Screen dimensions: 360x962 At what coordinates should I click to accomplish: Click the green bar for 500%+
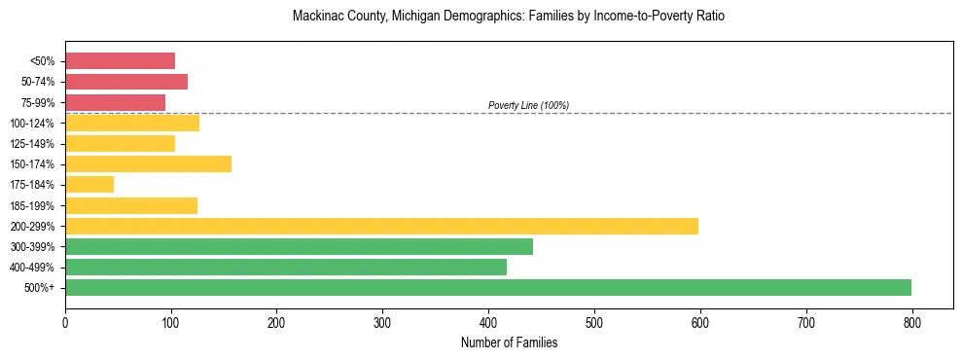[x=488, y=287]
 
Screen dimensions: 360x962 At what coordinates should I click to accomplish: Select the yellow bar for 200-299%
[x=381, y=226]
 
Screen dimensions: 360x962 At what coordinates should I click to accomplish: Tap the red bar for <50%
[x=120, y=61]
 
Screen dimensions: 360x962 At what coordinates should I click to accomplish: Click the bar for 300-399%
[x=299, y=246]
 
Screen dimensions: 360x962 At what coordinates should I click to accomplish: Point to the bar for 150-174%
[x=148, y=163]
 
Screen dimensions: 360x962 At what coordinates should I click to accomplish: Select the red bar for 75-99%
[x=115, y=102]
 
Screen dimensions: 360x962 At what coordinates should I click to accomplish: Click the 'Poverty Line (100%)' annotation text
[x=528, y=105]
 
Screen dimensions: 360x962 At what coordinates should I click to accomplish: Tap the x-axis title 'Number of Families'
[x=509, y=342]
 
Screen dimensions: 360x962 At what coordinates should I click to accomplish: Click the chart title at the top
[x=509, y=17]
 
